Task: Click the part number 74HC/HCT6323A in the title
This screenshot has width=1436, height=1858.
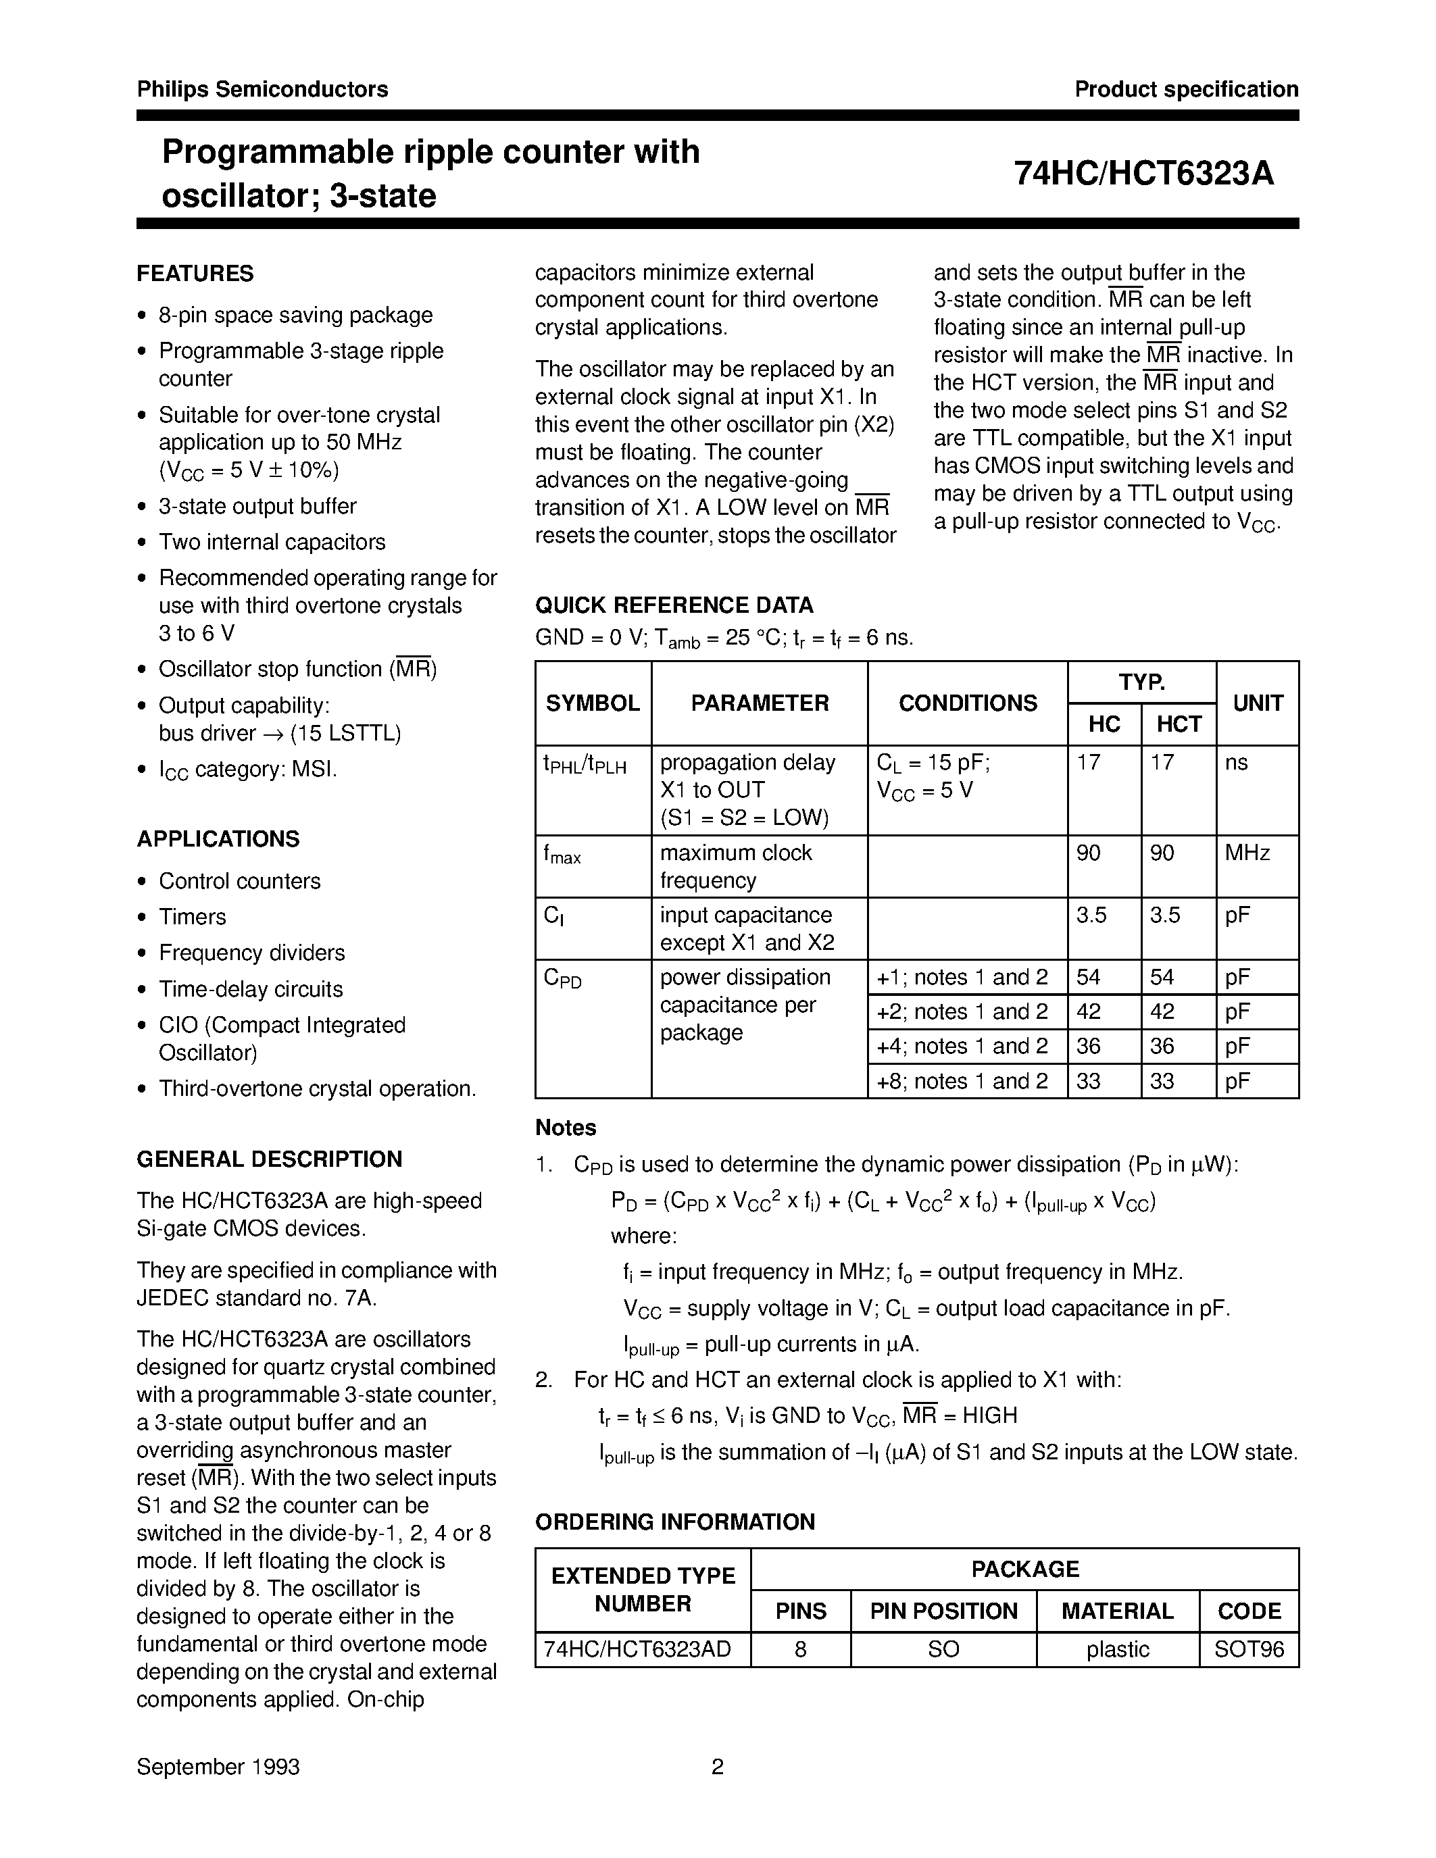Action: point(1143,174)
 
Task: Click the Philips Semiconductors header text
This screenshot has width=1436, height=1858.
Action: point(262,89)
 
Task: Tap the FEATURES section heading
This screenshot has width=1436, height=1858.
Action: point(195,274)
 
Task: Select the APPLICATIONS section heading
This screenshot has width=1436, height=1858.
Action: point(218,839)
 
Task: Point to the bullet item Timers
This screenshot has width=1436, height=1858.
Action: point(193,917)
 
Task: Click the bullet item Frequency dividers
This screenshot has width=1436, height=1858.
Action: point(252,953)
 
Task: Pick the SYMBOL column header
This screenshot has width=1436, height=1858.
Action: point(592,703)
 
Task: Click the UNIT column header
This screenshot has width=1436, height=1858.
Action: point(1258,703)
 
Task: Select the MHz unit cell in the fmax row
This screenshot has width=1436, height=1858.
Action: point(1247,853)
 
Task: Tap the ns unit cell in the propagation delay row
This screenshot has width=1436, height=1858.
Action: point(1236,763)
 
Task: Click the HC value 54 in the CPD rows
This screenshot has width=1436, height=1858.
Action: point(1088,978)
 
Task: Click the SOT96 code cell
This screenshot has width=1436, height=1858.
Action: point(1249,1650)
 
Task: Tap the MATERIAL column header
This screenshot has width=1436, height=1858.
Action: point(1117,1611)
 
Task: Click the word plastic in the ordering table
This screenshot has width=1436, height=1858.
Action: point(1117,1650)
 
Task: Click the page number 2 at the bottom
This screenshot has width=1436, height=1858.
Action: point(717,1767)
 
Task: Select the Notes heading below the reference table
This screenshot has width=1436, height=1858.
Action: point(566,1128)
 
